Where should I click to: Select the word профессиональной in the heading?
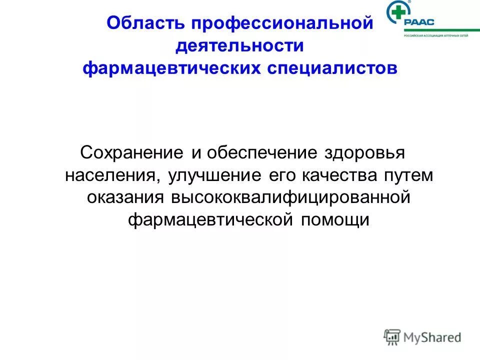[281, 24]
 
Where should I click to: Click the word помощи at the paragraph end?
[335, 219]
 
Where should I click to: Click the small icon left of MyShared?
[392, 337]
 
